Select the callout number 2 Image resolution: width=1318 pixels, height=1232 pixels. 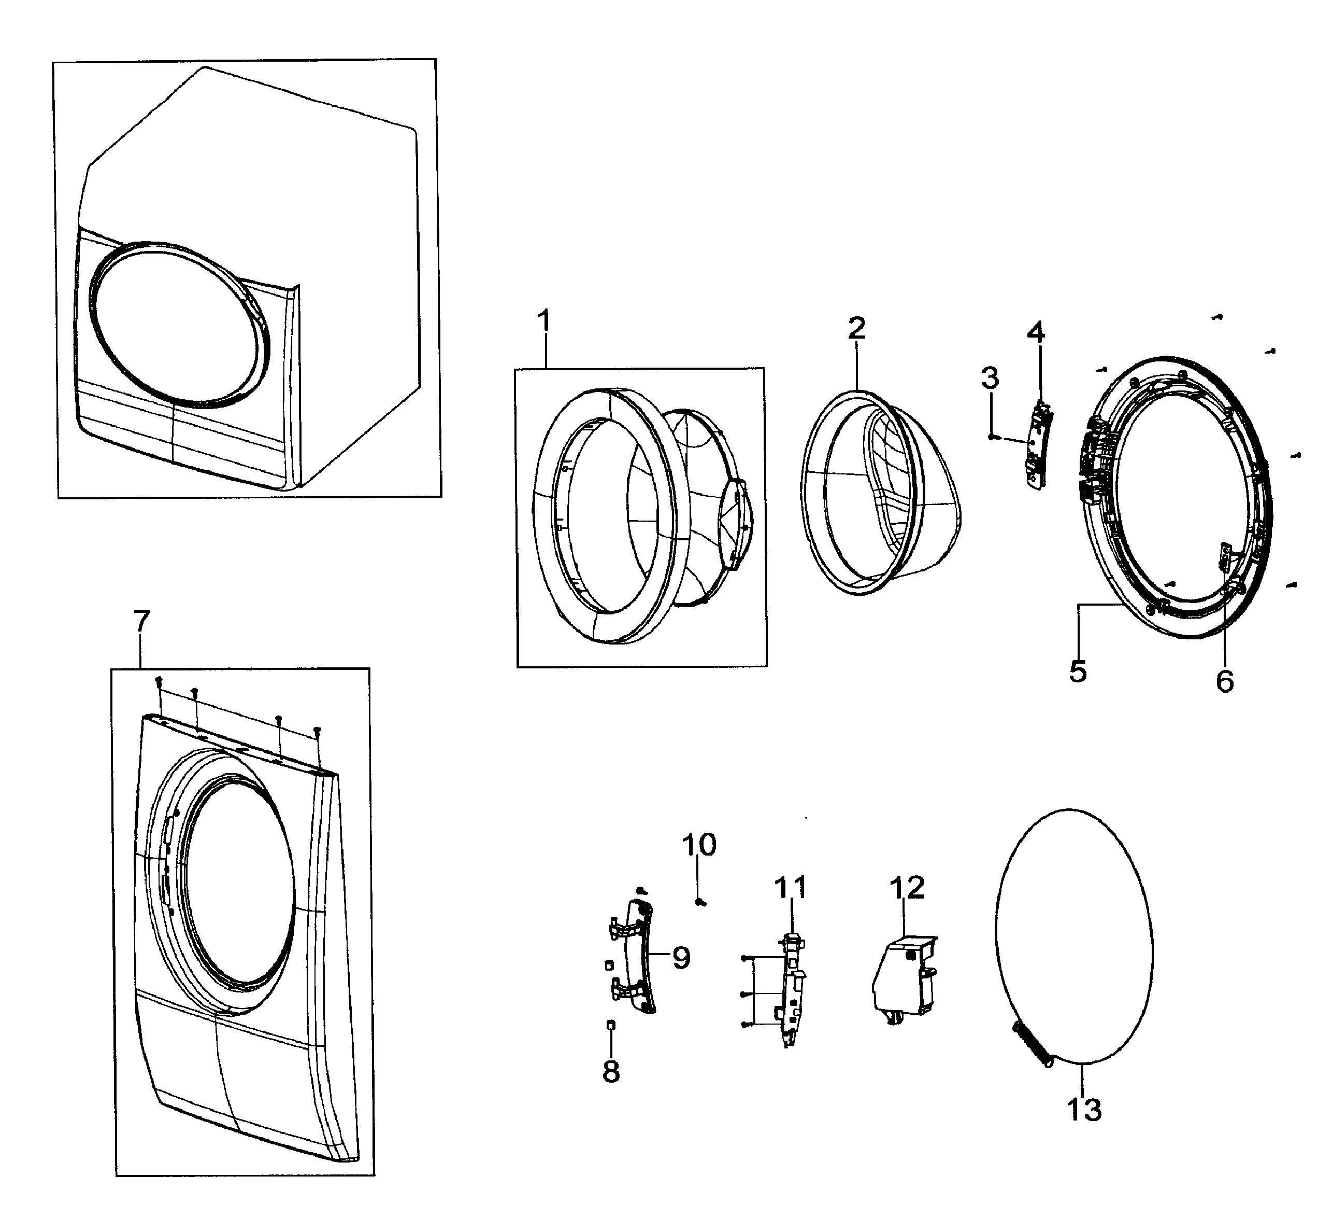pos(856,328)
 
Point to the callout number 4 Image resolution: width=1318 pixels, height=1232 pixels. pos(1036,332)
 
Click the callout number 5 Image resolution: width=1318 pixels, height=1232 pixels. pos(1078,672)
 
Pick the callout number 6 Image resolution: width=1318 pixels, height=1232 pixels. pos(1225,681)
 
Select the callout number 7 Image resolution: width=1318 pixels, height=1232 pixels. pos(142,622)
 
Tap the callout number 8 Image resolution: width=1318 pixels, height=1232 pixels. pos(611,1071)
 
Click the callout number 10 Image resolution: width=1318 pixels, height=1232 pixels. pos(699,845)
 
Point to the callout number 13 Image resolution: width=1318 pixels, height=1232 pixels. pos(1084,1109)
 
